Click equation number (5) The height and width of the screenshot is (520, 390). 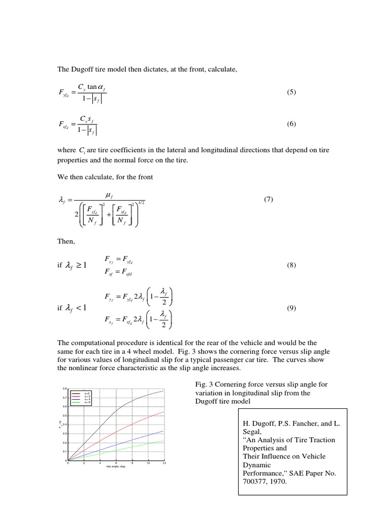pos(291,92)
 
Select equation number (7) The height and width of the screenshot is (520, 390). pos(269,200)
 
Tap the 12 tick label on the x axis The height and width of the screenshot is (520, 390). pos(164,463)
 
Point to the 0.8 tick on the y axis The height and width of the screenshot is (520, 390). pos(64,389)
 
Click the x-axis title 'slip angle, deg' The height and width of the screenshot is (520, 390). pos(116,467)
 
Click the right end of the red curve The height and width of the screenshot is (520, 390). pos(164,412)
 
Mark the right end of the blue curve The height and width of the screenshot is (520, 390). pos(164,431)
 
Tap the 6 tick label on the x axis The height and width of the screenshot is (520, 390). pos(116,463)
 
